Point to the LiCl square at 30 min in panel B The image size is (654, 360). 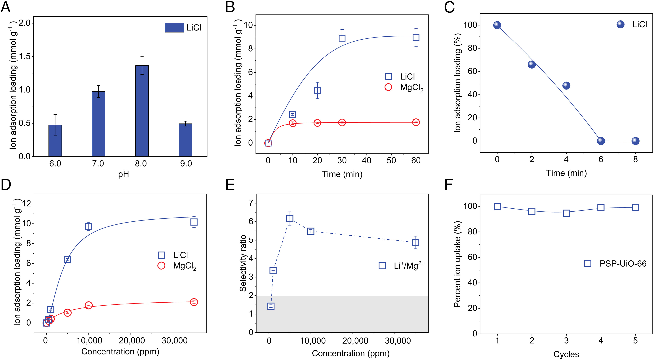coord(342,38)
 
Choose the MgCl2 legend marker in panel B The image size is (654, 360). coord(388,87)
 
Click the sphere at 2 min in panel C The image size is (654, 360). coord(532,64)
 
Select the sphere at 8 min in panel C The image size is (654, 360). coord(635,141)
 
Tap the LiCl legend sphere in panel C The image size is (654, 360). coord(620,24)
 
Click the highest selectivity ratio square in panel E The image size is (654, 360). coord(290,218)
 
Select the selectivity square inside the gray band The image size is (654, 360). coord(271,306)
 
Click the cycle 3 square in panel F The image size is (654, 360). coord(566,213)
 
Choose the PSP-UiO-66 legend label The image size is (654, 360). coord(623,264)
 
